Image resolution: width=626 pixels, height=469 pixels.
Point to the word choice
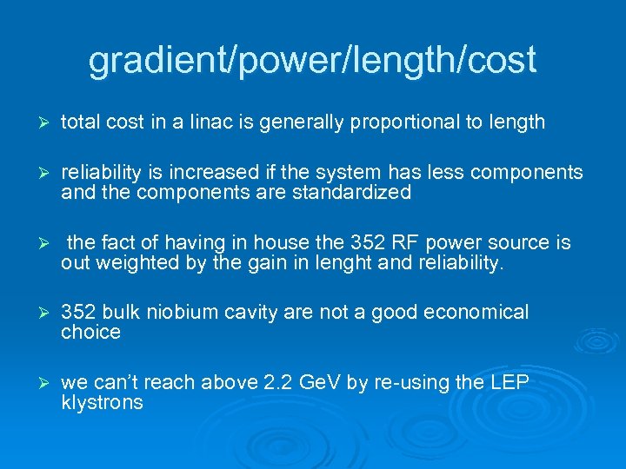pyautogui.click(x=90, y=333)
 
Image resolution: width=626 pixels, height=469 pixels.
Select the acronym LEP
pyautogui.click(x=509, y=383)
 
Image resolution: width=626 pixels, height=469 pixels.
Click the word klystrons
pyautogui.click(x=102, y=403)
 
